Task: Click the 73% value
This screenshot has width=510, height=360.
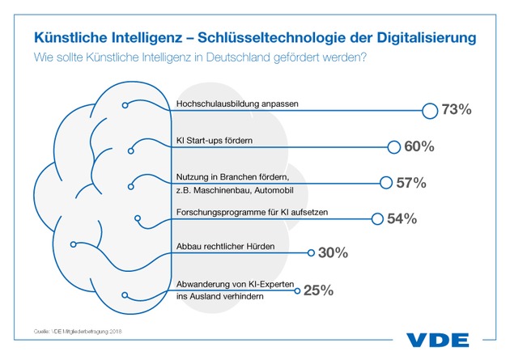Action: coord(455,109)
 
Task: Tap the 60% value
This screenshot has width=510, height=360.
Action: coord(419,146)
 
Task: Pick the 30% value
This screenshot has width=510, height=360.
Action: coord(333,253)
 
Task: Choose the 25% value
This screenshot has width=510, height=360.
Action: coord(318,290)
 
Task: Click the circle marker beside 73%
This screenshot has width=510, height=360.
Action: coord(429,110)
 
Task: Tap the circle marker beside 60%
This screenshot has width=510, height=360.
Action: coord(393,146)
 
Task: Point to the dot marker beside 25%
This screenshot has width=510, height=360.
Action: coord(297,289)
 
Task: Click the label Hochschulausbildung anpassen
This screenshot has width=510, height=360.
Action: coord(228,104)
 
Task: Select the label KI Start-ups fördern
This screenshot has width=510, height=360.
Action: coord(215,140)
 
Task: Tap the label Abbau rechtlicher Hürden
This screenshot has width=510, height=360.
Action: coord(220,246)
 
